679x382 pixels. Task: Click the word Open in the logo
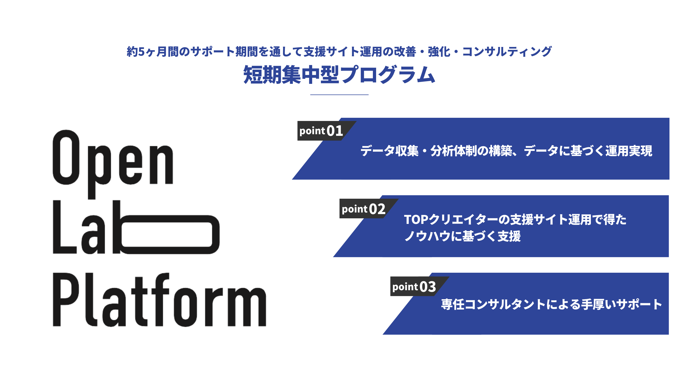click(113, 159)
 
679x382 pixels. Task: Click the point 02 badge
click(364, 209)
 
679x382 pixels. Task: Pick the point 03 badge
click(414, 286)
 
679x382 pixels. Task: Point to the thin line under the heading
click(339, 94)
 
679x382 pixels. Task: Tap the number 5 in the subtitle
click(141, 52)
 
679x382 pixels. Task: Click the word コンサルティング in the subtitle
click(507, 52)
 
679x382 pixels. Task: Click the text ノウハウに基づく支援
click(463, 236)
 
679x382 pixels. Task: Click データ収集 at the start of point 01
click(389, 151)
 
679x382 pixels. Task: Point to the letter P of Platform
click(62, 300)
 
